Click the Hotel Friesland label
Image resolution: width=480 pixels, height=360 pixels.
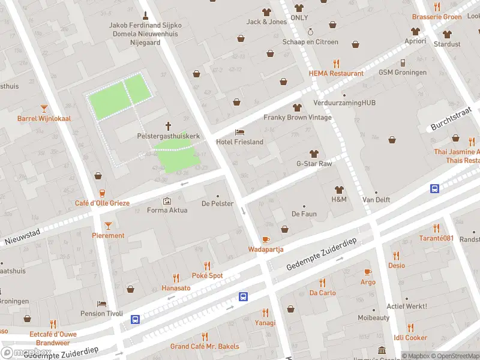point(239,142)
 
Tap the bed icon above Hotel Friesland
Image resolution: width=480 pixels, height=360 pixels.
point(240,131)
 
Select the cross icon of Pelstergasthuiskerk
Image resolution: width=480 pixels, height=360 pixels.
point(168,126)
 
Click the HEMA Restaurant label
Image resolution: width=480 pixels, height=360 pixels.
point(336,73)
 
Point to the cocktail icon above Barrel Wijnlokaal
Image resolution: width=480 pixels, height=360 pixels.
point(44,108)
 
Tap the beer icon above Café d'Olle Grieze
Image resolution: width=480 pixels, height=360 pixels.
point(102,193)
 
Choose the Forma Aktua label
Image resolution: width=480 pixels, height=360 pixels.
point(167,210)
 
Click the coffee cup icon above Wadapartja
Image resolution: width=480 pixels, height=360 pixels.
point(266,239)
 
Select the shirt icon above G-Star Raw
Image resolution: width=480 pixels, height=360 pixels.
point(314,153)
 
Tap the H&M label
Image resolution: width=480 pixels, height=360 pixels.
point(339,199)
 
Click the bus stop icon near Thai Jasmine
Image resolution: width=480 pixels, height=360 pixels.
point(434,188)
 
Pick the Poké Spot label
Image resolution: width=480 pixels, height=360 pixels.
point(208,275)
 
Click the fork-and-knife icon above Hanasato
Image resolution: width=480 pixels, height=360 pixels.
point(176,278)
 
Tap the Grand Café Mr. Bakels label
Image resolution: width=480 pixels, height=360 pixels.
point(205,346)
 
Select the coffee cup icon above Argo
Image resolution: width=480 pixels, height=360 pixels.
point(368,271)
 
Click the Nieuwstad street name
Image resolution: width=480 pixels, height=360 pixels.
point(22,237)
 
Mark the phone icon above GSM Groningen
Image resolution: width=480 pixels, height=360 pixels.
point(403,62)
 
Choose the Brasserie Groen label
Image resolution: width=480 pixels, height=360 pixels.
point(436,17)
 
